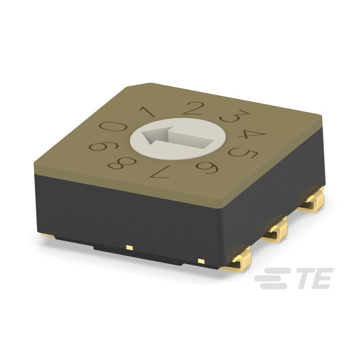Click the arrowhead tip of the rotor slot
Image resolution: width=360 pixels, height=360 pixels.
143,137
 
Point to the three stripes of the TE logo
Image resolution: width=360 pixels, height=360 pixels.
272,279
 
